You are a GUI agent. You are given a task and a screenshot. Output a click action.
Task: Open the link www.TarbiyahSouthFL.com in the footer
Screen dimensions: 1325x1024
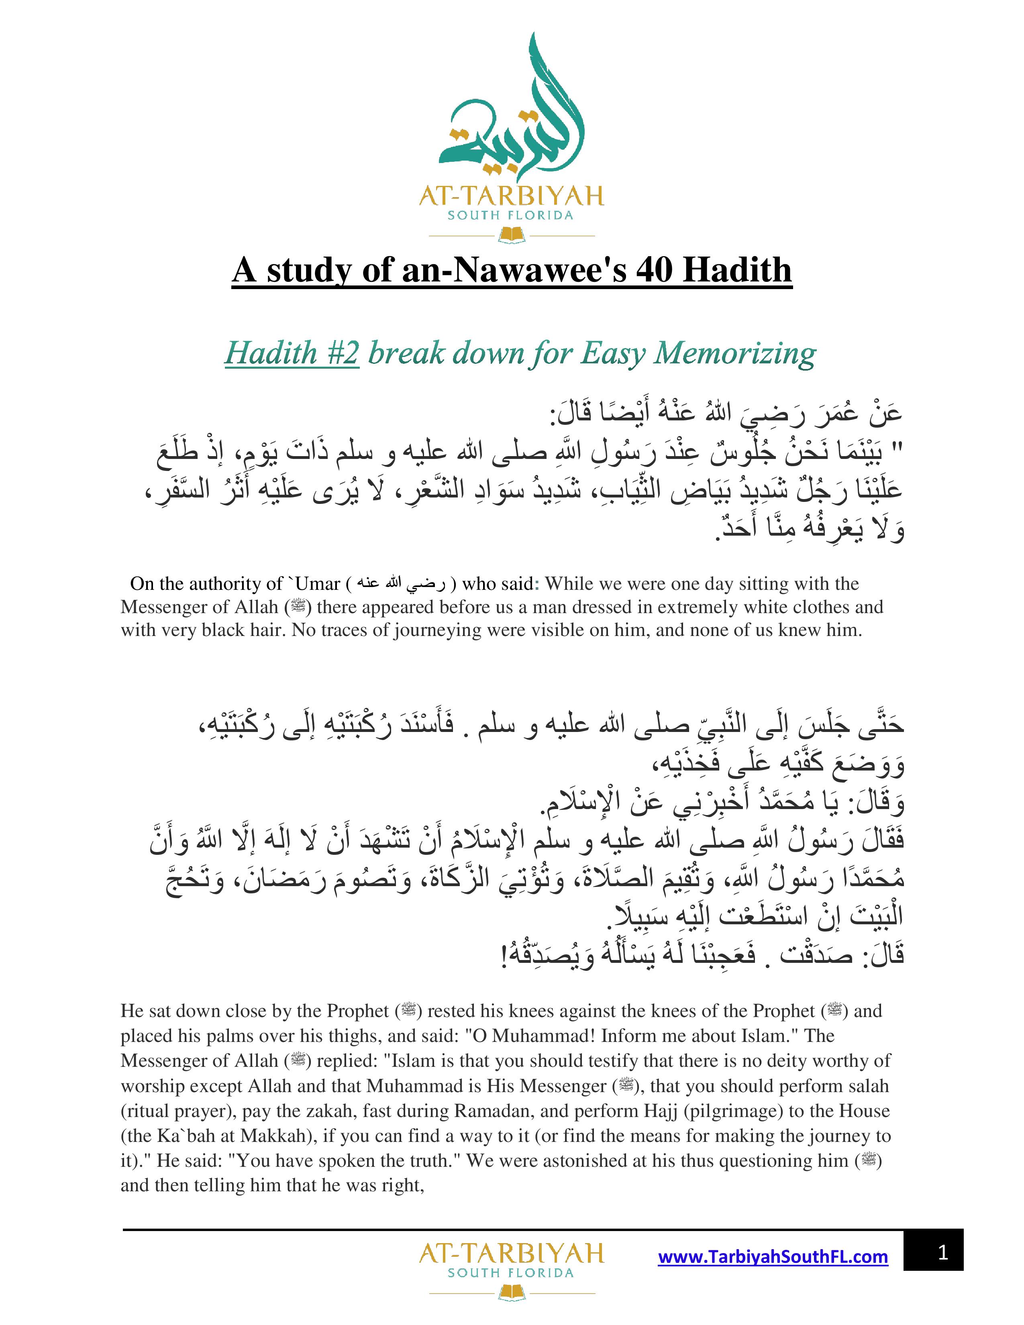tap(773, 1256)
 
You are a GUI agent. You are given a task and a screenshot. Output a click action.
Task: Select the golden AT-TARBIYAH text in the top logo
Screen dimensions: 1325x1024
tap(511, 196)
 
